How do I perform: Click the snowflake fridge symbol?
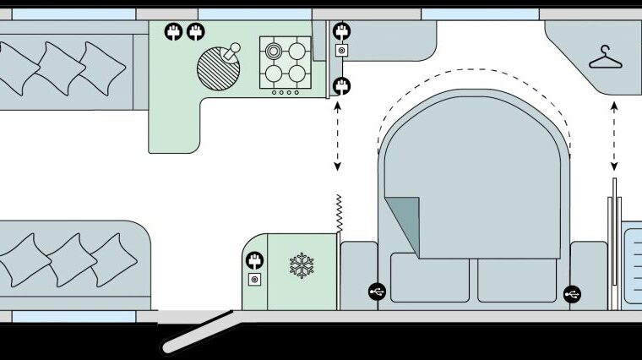(x=301, y=265)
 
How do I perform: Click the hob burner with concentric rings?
(x=275, y=51)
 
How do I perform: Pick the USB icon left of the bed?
(x=378, y=292)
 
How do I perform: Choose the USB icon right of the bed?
(x=574, y=293)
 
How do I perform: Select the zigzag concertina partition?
(x=338, y=213)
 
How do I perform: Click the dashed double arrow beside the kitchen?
(x=338, y=135)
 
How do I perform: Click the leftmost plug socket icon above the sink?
(x=174, y=33)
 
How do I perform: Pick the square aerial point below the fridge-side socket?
(x=254, y=279)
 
